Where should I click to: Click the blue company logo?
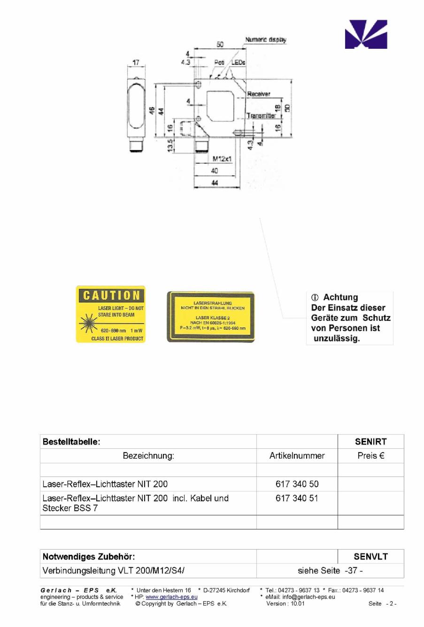pos(366,34)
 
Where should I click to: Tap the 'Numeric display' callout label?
pos(265,40)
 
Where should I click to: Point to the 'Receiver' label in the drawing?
pos(259,94)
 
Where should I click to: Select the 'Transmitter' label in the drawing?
pos(261,115)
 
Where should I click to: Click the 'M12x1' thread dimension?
pos(222,159)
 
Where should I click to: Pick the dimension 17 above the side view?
pos(136,62)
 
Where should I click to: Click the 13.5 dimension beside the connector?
pos(170,145)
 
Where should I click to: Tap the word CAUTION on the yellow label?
pos(111,295)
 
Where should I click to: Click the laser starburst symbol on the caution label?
pos(88,323)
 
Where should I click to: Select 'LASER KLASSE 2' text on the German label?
pos(213,317)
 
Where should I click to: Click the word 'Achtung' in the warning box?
pos(340,297)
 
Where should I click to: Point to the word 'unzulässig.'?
pos(337,338)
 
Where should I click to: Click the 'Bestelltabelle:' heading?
pos(71,442)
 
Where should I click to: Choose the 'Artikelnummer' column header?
pos(297,455)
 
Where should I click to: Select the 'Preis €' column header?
pos(370,455)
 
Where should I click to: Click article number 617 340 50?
pos(297,484)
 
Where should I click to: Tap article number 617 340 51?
pos(297,498)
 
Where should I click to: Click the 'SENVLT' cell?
pos(370,557)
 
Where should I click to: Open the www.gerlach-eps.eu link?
pos(171,597)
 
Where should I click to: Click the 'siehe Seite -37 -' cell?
pos(330,571)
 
